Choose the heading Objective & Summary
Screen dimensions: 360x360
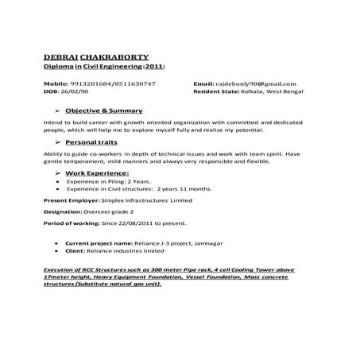[x=104, y=110]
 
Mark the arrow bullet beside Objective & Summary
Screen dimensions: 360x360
[x=56, y=110]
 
